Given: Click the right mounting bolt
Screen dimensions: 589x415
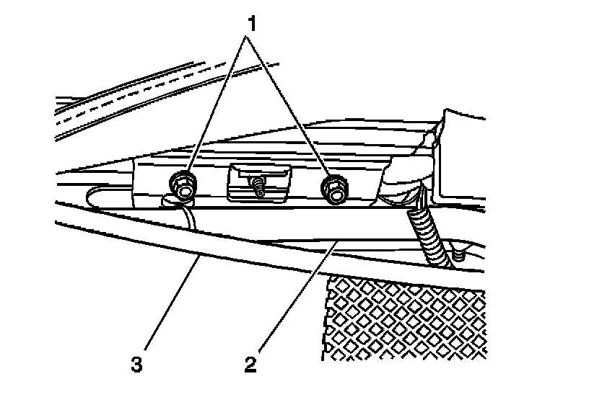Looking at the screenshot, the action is pos(334,187).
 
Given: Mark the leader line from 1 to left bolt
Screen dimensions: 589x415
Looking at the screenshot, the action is pos(213,108).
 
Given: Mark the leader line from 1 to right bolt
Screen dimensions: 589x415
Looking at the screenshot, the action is pos(292,108).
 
